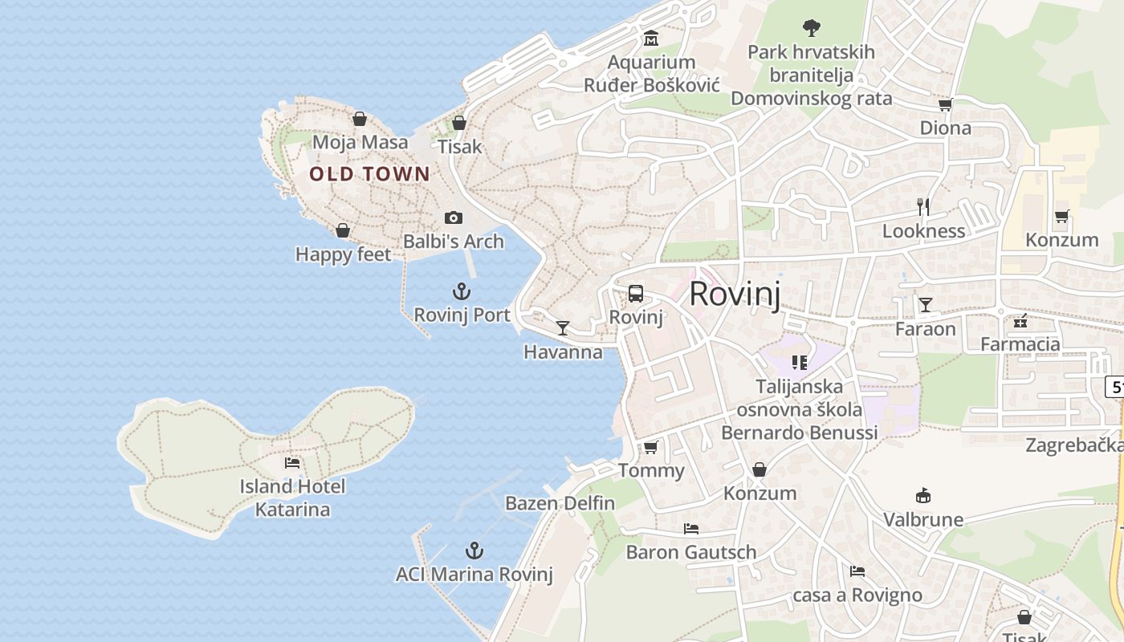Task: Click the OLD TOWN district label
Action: click(x=369, y=174)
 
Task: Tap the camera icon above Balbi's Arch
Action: click(x=454, y=217)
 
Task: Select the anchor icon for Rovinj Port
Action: click(x=462, y=291)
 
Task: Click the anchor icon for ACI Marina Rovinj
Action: click(x=474, y=551)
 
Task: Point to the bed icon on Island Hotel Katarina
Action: click(x=292, y=463)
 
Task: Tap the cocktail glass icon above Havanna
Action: click(x=563, y=328)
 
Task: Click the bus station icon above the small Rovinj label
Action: click(x=636, y=294)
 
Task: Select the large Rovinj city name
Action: click(x=735, y=294)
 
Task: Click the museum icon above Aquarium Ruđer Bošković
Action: click(x=651, y=38)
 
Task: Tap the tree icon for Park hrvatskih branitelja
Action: click(x=812, y=28)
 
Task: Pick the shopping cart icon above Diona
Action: click(x=945, y=104)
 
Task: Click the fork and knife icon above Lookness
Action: click(x=923, y=207)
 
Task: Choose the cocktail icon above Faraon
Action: click(x=926, y=305)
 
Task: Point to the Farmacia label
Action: click(x=1020, y=344)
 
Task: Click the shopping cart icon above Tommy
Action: click(x=650, y=447)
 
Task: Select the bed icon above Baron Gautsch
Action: click(x=690, y=528)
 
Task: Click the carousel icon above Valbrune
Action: click(x=923, y=496)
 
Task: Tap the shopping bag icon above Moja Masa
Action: click(x=360, y=119)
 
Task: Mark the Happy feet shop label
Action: click(x=343, y=254)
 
